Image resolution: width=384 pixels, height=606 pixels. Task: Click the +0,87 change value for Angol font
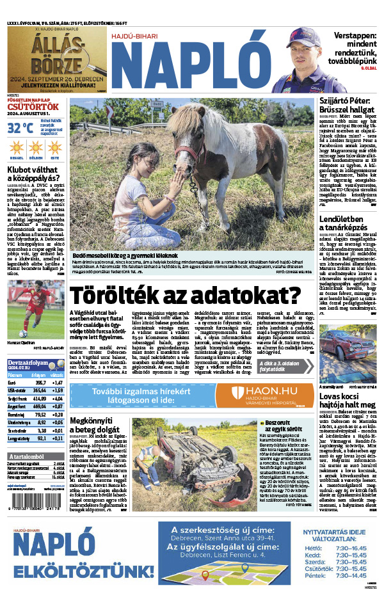pyautogui.click(x=56, y=406)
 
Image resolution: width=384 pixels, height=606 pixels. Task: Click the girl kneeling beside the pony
pyautogui.click(x=138, y=192)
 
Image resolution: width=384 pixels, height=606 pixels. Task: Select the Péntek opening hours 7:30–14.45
pyautogui.click(x=349, y=576)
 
